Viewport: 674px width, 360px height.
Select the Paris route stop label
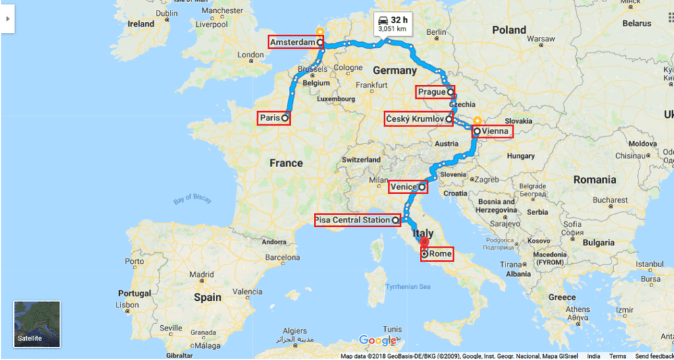[x=271, y=118]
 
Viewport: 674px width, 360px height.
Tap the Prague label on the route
[x=432, y=92]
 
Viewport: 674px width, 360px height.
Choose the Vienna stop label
[x=495, y=132]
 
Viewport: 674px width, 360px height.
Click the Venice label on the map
[x=403, y=187]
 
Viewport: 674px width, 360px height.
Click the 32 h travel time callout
[x=392, y=23]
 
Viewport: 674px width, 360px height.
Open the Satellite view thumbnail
[x=37, y=324]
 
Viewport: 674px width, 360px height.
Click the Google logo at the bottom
[x=378, y=340]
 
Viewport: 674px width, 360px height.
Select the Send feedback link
[x=654, y=356]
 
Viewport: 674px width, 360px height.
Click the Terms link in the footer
[x=617, y=356]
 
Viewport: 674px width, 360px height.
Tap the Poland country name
[x=509, y=30]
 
